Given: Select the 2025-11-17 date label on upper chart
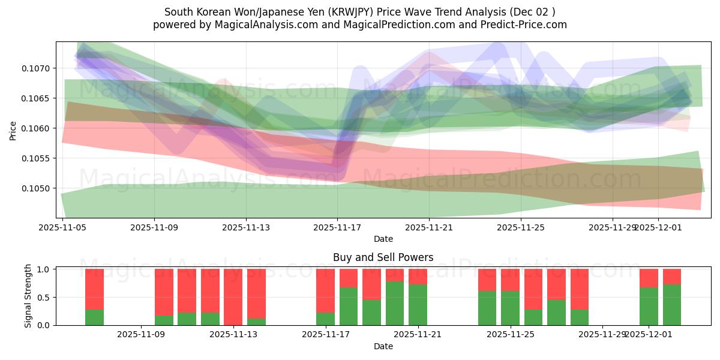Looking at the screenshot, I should coord(337,228).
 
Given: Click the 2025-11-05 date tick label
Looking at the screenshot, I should coord(62,228).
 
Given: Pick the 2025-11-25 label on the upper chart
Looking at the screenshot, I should coord(521,228).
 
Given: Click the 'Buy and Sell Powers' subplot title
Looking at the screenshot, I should coord(383,257).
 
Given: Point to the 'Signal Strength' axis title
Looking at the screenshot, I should coord(28,296).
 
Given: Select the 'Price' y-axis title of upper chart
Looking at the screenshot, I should coord(13,131).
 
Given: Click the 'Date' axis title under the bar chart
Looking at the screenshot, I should coord(383,346).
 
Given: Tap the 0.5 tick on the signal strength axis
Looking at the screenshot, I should coord(43,298).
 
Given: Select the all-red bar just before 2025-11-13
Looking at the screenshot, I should coord(233,297).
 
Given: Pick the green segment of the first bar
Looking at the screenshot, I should coord(94,317).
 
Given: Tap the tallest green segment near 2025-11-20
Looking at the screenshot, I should coord(395,303).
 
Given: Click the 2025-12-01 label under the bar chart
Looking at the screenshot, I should coord(649,335).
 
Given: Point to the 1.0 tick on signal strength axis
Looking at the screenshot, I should coord(43,269).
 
